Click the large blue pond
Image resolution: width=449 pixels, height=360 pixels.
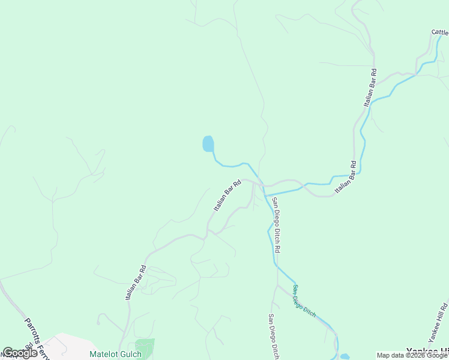(208, 144)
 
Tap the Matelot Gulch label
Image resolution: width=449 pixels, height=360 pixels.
(115, 354)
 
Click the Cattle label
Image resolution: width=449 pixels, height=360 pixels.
(439, 32)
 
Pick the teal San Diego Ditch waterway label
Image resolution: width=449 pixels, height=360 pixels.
(304, 300)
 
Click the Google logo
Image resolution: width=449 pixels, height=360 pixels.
(20, 353)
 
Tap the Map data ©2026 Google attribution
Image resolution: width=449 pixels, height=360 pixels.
(412, 355)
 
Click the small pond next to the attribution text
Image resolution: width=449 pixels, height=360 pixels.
(345, 356)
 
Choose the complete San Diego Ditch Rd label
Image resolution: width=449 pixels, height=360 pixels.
(276, 224)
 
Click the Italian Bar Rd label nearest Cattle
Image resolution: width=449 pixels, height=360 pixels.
(370, 88)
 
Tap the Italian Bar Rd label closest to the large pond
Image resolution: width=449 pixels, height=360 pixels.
(228, 194)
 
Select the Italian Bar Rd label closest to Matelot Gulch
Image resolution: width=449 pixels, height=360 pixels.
(135, 283)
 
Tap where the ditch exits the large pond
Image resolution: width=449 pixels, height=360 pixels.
(212, 152)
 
